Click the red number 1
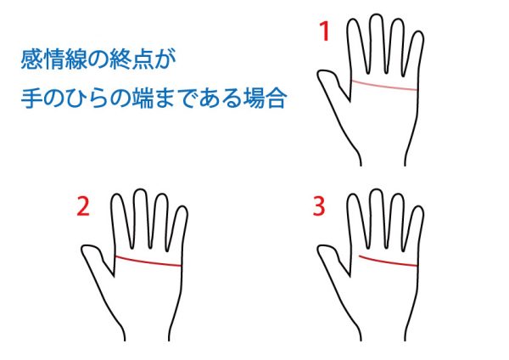click(x=325, y=31)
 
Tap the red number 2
click(x=83, y=206)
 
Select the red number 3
click(x=319, y=206)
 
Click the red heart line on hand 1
click(x=384, y=85)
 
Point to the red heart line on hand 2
click(x=148, y=262)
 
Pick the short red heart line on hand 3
click(x=388, y=262)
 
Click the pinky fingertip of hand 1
click(x=419, y=32)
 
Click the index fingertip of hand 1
click(x=354, y=20)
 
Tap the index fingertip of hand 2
click(x=117, y=194)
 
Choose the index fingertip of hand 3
click(x=354, y=194)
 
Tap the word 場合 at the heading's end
click(x=265, y=98)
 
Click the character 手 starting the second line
click(x=32, y=98)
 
